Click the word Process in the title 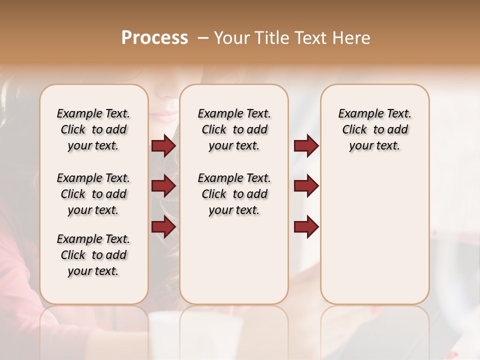tap(154, 38)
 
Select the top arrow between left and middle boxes tap(163, 145)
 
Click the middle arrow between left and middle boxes tap(163, 186)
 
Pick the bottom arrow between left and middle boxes tap(163, 227)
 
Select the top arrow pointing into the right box tap(306, 145)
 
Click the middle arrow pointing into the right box tap(306, 186)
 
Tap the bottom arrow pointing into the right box tap(306, 227)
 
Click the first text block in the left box tap(93, 129)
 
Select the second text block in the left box tap(93, 194)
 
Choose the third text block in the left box tap(93, 255)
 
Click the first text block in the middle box tap(234, 129)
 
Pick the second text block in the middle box tap(234, 194)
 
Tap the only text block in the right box tap(374, 129)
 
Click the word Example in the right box tap(358, 114)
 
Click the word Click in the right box tap(354, 130)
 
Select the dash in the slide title tap(202, 38)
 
